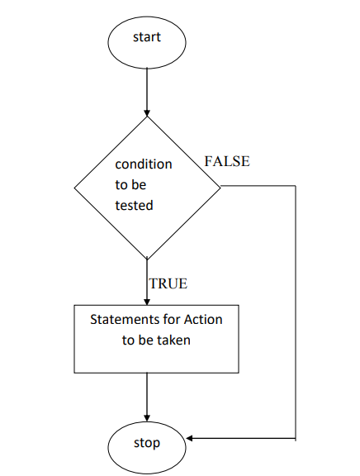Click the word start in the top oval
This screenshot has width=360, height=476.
coord(147,37)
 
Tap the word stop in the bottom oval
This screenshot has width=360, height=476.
coord(147,443)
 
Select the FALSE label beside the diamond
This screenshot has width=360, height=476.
coord(227,161)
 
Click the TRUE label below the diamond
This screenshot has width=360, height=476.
coord(168,283)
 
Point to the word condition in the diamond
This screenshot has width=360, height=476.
coord(144,164)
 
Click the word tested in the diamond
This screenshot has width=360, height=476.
coord(134,206)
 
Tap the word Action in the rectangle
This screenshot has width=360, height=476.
coord(203,319)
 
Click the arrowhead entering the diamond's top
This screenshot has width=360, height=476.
coord(147,113)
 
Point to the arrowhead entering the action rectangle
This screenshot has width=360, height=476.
coord(147,302)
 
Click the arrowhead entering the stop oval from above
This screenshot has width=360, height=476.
coord(147,418)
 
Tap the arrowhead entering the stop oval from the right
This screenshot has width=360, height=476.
coord(189,438)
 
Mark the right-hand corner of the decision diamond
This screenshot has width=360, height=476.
coord(220,188)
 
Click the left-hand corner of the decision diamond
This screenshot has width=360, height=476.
coord(74,188)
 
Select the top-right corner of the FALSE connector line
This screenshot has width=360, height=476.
coord(296,185)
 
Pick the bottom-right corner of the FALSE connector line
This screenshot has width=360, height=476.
coord(296,438)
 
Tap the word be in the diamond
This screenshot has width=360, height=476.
coord(139,185)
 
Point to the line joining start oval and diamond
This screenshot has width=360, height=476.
coord(147,92)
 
